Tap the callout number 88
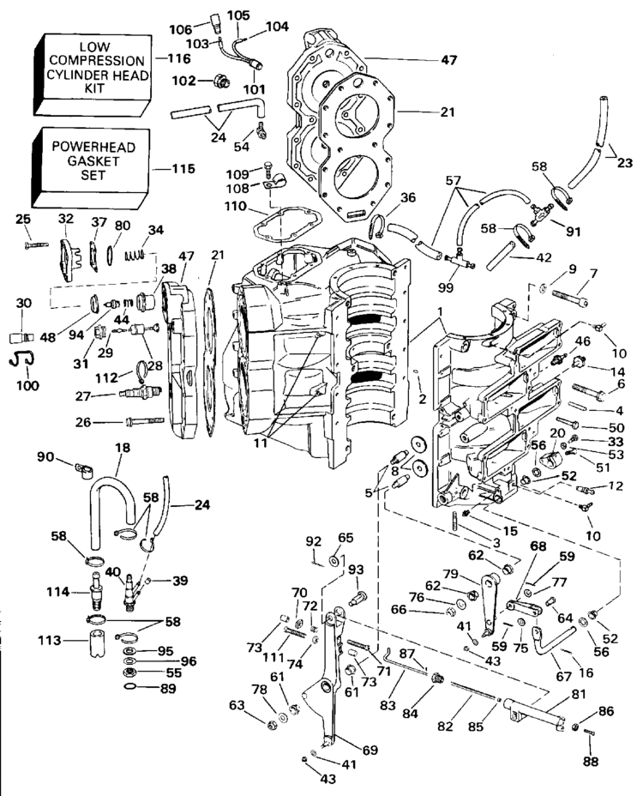[x=591, y=761]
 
